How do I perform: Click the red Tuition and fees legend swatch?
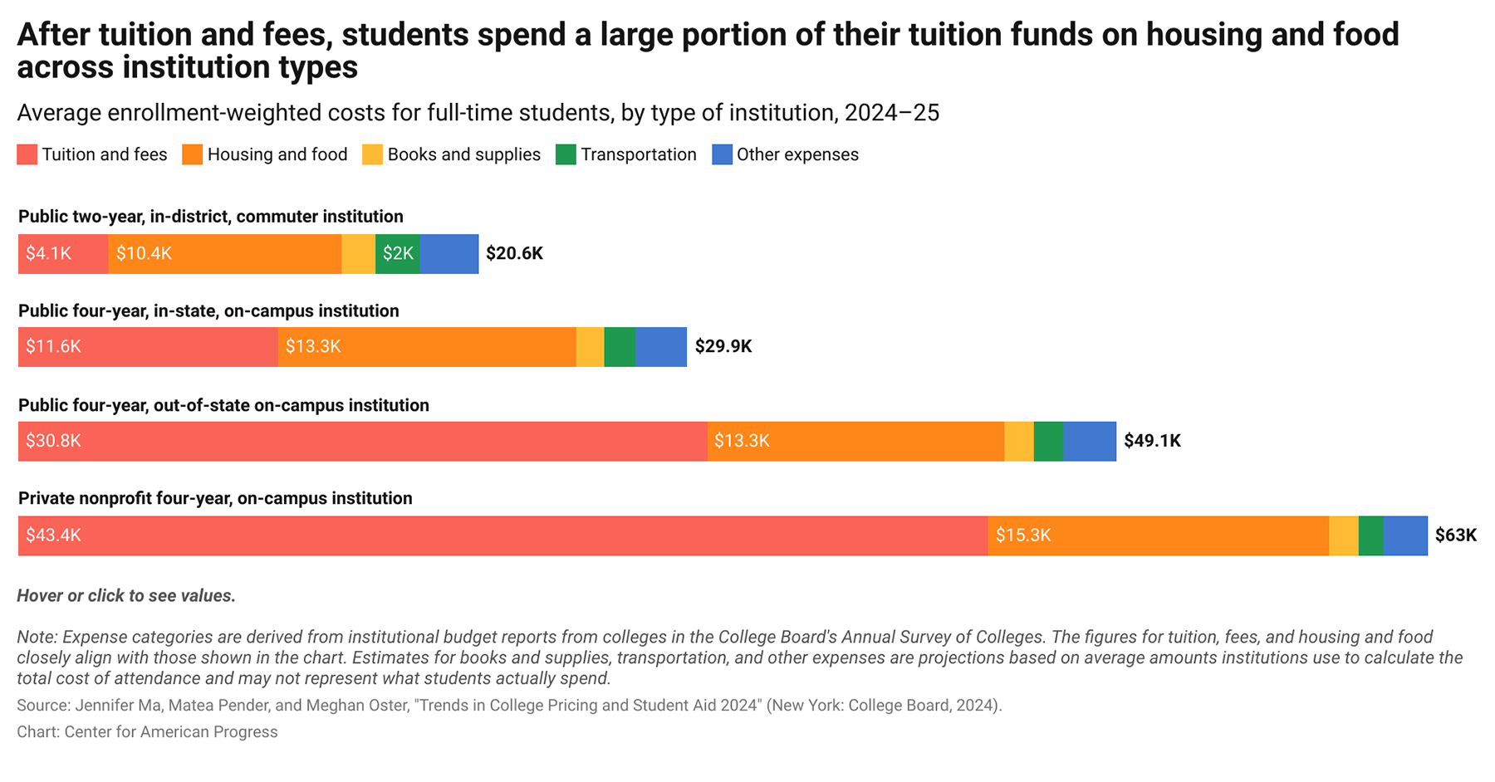tap(27, 154)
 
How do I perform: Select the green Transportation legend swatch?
tap(566, 154)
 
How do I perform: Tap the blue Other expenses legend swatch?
tap(722, 154)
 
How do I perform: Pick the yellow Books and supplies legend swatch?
tap(372, 154)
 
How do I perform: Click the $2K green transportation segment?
tap(398, 254)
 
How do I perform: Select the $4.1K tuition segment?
tap(63, 254)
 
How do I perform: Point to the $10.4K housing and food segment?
tap(224, 254)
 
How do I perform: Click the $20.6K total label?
tap(514, 254)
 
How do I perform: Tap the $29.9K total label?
tap(723, 347)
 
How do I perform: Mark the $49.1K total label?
tap(1152, 441)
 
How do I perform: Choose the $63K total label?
tap(1455, 535)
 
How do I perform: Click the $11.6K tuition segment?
tap(148, 347)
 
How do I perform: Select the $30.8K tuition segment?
tap(362, 441)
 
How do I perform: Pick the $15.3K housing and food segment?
tap(1158, 535)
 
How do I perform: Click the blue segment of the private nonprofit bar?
tap(1405, 535)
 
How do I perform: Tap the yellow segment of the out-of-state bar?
tap(1019, 441)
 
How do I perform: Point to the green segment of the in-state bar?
tap(620, 347)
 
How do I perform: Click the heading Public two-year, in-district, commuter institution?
tap(211, 217)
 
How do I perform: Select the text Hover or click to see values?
tap(126, 596)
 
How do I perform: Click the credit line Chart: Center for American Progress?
tap(147, 732)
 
